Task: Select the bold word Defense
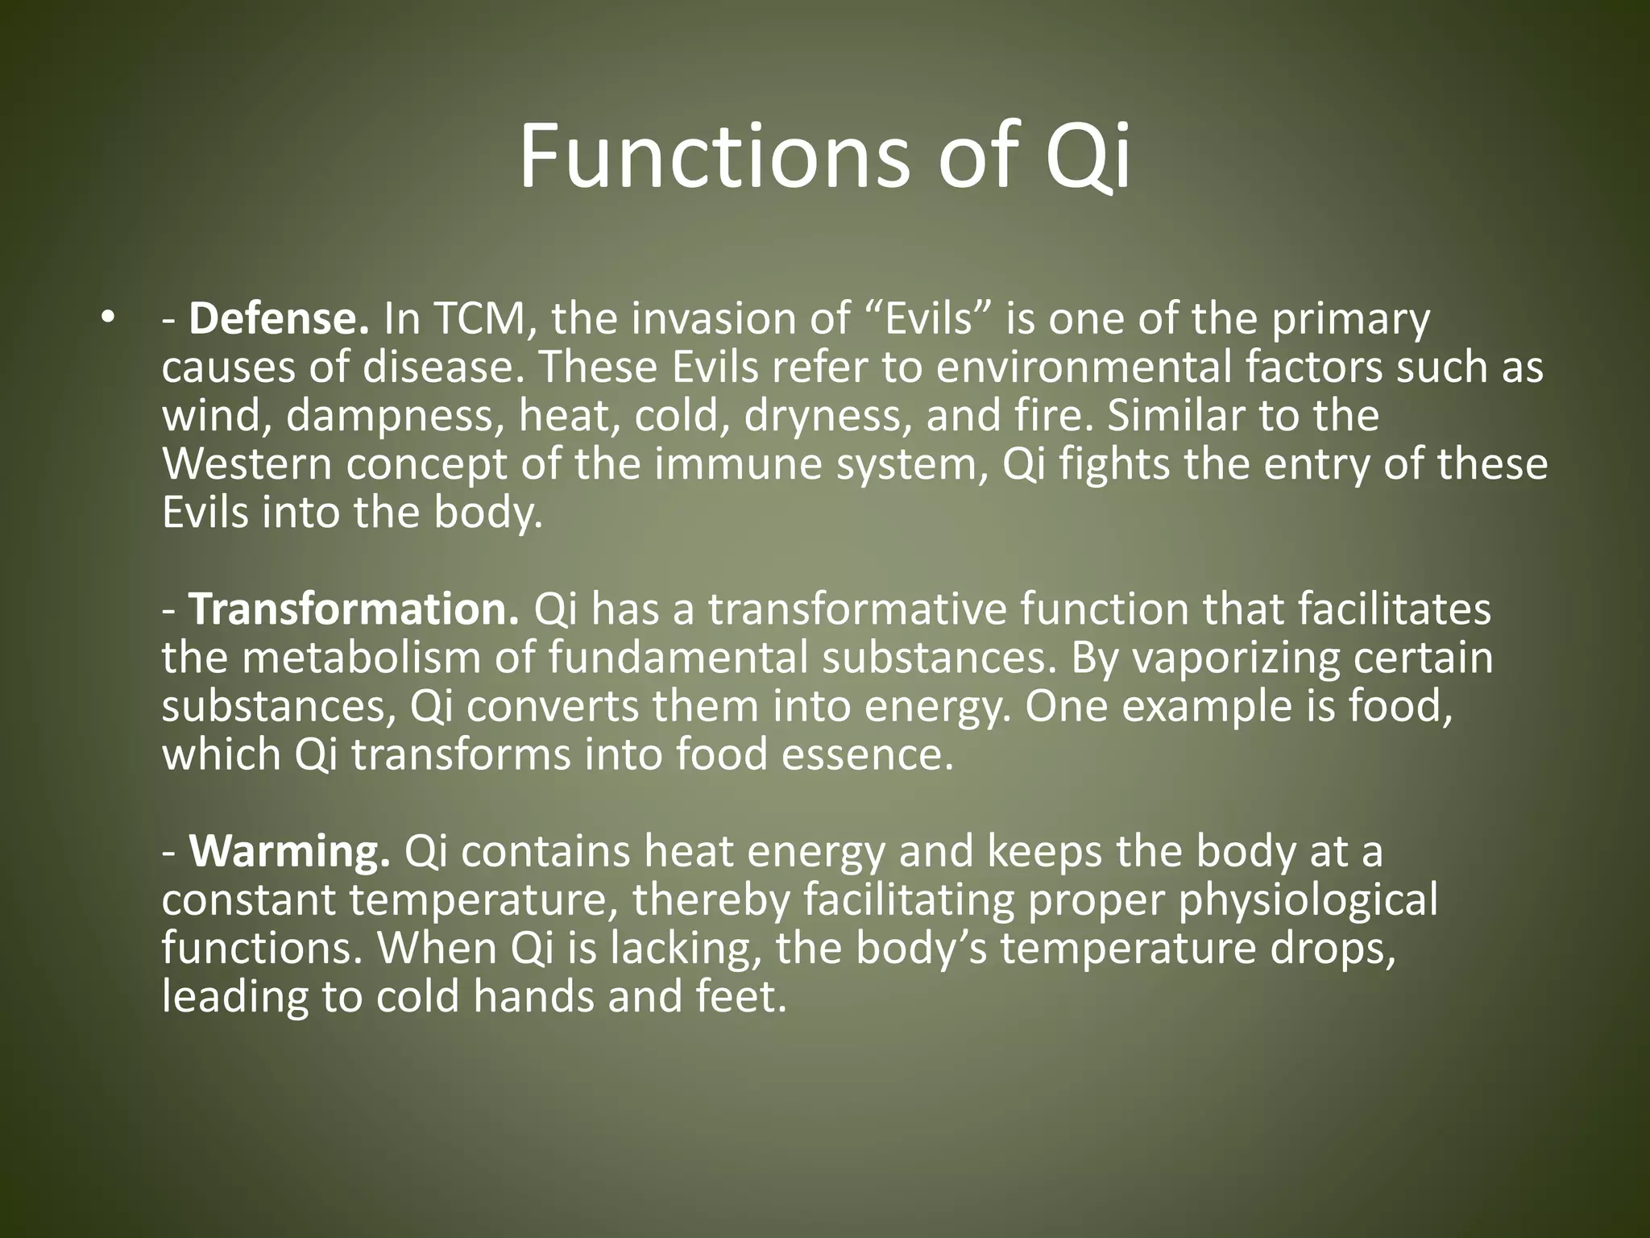point(279,319)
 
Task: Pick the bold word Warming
point(290,852)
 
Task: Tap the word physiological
point(1308,900)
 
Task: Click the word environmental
point(1084,368)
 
